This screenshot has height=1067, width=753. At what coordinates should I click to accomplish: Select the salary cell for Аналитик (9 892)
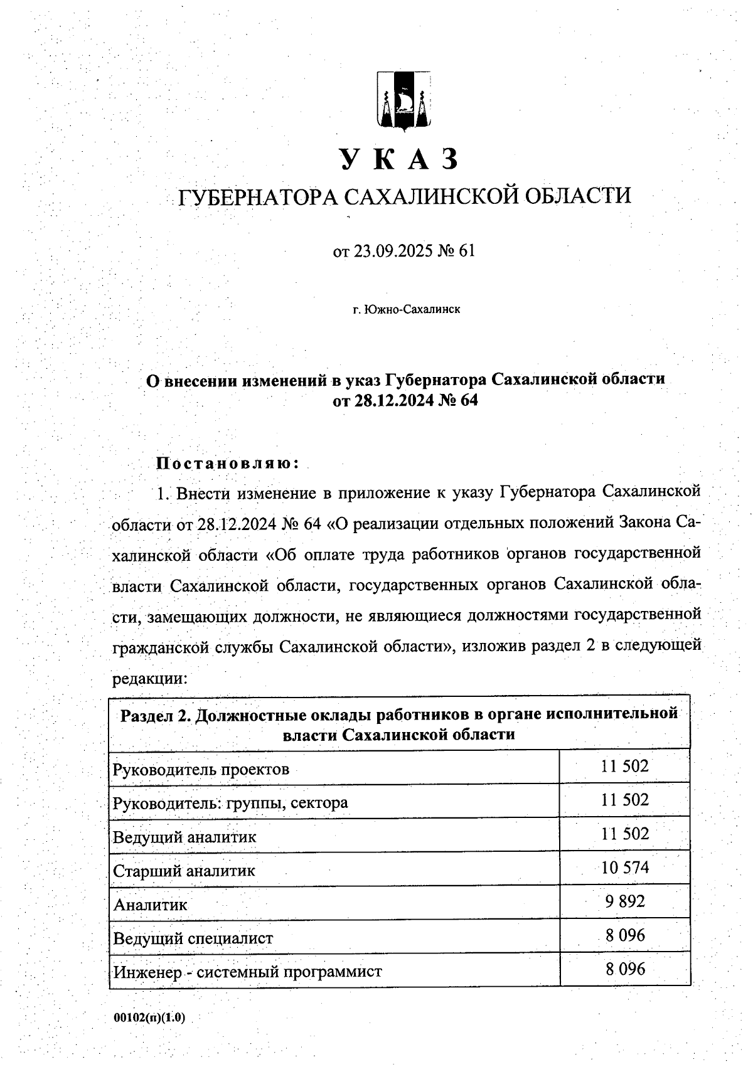coord(624,901)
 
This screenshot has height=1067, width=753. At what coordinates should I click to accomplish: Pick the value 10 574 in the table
coord(624,868)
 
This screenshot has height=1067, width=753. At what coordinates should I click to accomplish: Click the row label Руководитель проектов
coord(201,769)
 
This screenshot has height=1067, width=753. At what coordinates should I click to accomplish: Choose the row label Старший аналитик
coord(184,871)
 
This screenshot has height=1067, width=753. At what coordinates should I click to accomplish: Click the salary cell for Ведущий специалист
coord(624,935)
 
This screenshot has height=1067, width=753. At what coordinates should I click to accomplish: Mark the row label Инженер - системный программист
coord(247,972)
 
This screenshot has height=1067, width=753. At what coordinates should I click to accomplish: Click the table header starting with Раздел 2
coord(399,724)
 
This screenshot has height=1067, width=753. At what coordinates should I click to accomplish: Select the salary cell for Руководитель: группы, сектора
coord(624,800)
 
